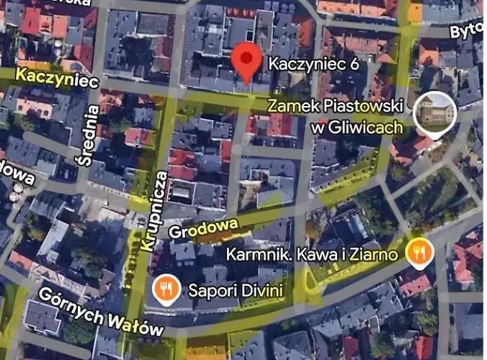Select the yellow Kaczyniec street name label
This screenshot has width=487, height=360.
tap(56, 77)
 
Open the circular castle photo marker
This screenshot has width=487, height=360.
tap(434, 112)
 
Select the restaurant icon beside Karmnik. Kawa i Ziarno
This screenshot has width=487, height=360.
tap(419, 252)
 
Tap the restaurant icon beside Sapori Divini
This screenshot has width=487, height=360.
tap(166, 289)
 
